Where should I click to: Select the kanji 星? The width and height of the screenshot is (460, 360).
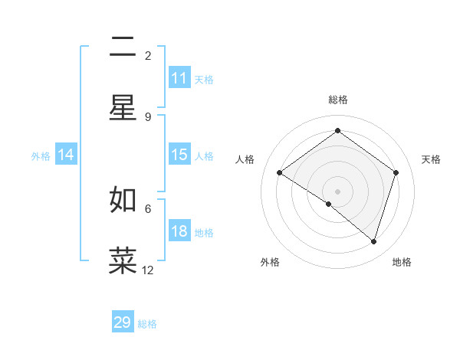tap(123, 108)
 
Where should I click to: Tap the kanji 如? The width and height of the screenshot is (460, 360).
tap(123, 200)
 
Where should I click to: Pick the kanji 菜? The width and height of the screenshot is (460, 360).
tap(123, 260)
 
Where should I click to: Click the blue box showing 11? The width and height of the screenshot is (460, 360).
tap(179, 78)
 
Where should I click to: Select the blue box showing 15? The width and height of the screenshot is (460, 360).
tap(179, 155)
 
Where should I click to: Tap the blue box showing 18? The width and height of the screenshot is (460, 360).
tap(179, 231)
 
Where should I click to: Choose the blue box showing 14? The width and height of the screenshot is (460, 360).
tap(66, 155)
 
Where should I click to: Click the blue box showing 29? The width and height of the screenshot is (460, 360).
tap(123, 322)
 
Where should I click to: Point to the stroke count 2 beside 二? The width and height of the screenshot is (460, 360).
tap(148, 56)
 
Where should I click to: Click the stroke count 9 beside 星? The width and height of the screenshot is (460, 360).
tap(148, 116)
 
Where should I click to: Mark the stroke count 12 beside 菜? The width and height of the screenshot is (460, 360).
tap(148, 270)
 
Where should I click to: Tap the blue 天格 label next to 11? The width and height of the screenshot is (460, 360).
tap(204, 79)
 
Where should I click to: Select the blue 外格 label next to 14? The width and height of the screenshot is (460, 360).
tap(41, 155)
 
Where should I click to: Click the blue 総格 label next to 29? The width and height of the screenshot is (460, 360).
tap(147, 324)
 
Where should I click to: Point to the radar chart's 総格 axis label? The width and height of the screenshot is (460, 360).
tap(337, 100)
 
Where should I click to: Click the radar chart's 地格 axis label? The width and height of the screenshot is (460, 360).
tap(402, 262)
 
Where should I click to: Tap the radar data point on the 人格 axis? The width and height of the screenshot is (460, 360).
tap(280, 173)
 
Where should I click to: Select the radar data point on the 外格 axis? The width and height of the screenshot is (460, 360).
tap(329, 204)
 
